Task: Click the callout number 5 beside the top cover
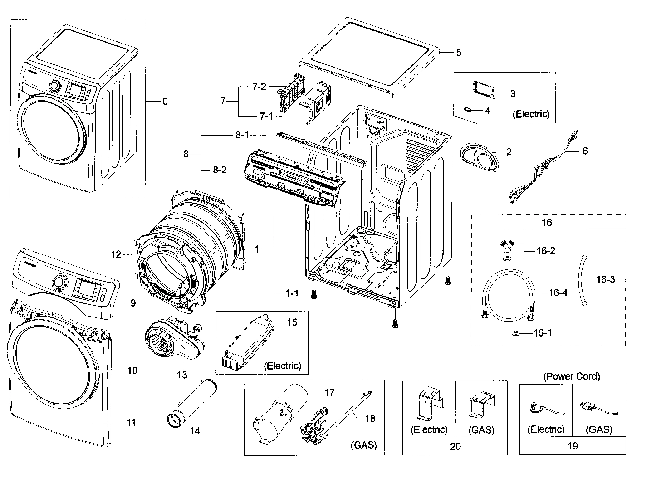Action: click(x=458, y=52)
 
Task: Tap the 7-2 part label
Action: click(x=259, y=86)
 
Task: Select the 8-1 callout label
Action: click(x=242, y=135)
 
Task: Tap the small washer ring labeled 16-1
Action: click(x=515, y=334)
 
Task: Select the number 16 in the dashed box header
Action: click(x=547, y=222)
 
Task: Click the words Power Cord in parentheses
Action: click(x=571, y=376)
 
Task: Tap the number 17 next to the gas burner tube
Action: click(x=329, y=393)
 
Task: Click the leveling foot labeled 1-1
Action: click(x=314, y=295)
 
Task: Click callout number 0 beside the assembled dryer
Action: click(x=165, y=102)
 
